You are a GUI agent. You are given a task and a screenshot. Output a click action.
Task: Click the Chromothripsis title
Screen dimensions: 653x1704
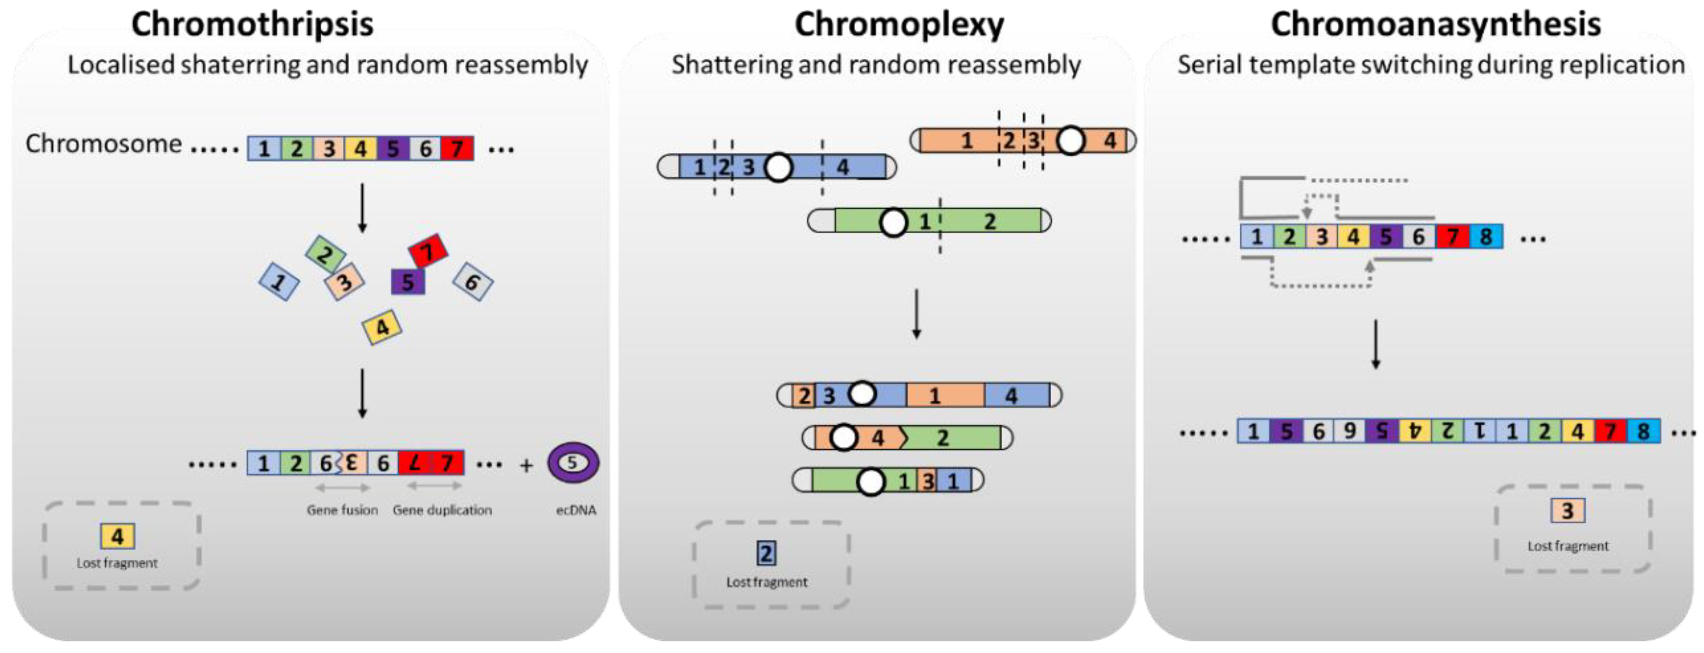(252, 24)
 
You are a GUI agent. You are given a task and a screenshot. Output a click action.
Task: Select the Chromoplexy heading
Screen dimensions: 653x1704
(899, 24)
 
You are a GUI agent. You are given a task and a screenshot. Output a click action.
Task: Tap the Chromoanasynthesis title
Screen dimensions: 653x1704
(1435, 24)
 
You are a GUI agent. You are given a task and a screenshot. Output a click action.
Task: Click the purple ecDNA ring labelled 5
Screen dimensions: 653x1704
(573, 462)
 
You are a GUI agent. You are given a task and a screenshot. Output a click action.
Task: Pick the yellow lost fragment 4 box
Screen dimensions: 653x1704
(117, 536)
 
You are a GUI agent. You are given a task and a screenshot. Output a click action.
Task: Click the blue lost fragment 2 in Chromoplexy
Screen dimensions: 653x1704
(766, 553)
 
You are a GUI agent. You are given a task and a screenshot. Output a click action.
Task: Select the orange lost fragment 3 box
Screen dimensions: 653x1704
(1567, 511)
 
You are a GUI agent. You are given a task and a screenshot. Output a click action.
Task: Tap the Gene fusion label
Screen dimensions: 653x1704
(342, 510)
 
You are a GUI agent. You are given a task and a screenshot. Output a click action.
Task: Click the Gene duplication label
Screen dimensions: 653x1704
(442, 510)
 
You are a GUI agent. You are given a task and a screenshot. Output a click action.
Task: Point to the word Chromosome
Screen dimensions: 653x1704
(103, 144)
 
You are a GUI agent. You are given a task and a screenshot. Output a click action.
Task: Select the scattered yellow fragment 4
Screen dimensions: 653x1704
(382, 327)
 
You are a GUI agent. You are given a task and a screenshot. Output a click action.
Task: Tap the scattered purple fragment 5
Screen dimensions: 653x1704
(407, 282)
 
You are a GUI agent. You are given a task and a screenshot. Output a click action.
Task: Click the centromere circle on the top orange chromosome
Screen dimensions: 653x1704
(1071, 140)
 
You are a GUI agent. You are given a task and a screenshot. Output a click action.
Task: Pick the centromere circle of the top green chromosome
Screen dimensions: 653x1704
(893, 222)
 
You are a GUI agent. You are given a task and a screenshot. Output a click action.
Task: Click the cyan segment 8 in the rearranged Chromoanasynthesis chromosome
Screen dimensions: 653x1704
(1643, 431)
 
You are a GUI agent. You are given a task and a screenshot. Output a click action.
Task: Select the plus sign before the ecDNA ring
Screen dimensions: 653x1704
(526, 466)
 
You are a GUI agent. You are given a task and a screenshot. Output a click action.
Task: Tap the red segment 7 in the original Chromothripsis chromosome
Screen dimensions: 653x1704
(457, 148)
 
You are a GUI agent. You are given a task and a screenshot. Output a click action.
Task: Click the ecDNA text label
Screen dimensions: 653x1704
(575, 510)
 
